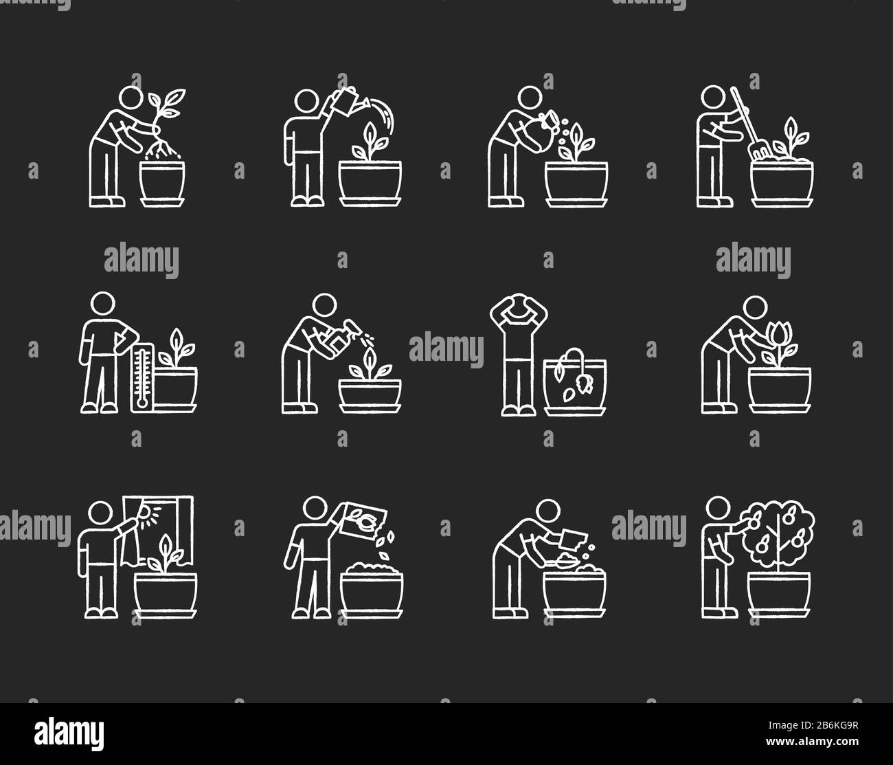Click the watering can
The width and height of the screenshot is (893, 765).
348,101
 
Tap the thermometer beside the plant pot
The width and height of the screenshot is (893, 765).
142,377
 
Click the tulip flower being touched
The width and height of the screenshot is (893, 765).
778,335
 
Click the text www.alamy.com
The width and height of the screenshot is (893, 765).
812,742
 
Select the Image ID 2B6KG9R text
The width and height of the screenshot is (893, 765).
813,725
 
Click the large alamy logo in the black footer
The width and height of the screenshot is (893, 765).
69,733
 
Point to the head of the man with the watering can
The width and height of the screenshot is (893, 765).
306,101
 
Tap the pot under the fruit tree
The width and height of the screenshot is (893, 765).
779,594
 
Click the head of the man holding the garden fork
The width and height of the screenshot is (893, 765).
713,97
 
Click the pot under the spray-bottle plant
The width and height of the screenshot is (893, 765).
370,395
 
